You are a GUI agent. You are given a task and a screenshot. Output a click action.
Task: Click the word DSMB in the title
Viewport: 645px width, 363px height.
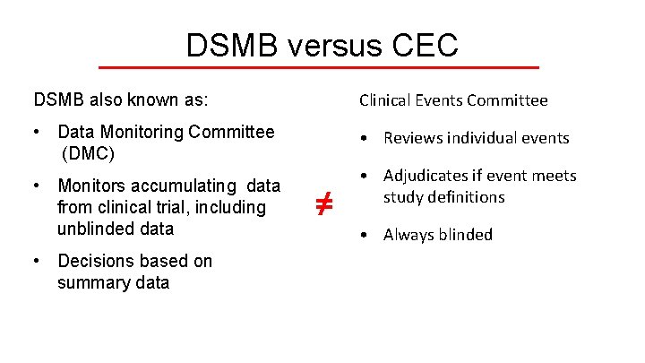[x=229, y=45]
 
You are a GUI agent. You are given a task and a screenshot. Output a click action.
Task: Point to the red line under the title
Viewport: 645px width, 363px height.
[x=318, y=67]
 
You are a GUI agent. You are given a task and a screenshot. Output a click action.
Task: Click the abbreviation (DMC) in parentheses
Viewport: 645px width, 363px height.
[x=88, y=153]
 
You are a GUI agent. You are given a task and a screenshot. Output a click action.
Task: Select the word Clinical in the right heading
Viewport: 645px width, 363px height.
[x=385, y=100]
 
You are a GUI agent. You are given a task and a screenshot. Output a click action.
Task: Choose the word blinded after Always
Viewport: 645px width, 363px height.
[x=465, y=235]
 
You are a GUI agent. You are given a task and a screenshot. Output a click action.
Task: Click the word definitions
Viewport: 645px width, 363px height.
[x=468, y=197]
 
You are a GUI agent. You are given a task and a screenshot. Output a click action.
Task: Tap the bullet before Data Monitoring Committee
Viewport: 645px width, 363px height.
[x=34, y=133]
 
